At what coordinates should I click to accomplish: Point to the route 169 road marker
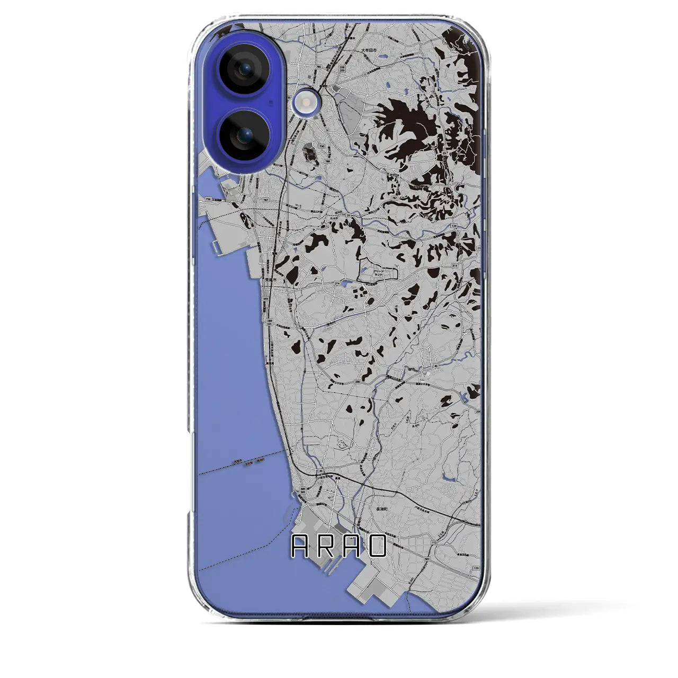(475, 567)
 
